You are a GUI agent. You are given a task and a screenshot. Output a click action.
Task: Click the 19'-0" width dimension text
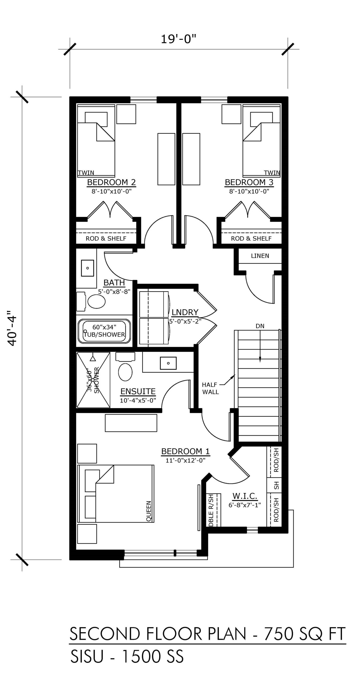(x=178, y=39)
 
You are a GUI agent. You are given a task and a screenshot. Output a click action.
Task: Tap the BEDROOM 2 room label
(x=111, y=182)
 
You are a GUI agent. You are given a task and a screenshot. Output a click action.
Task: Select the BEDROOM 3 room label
(x=249, y=182)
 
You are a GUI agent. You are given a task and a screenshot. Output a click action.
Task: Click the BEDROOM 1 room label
(x=185, y=451)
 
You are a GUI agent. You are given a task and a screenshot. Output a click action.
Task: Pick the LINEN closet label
(x=260, y=256)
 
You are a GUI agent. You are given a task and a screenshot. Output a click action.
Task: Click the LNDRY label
(x=185, y=312)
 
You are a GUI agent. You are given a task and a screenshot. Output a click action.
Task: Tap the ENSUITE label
(x=138, y=391)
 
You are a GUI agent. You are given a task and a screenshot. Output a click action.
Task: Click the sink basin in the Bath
(x=87, y=268)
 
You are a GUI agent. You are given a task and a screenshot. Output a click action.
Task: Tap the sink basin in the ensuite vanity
(x=168, y=363)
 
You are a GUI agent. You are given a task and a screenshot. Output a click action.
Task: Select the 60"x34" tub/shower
(x=104, y=331)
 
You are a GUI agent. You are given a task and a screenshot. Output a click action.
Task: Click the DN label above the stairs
(x=260, y=326)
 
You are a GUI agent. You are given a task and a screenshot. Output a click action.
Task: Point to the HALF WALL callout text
(x=210, y=388)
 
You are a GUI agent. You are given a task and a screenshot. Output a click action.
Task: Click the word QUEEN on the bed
(x=149, y=511)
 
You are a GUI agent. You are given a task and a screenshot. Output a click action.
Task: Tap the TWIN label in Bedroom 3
(x=272, y=173)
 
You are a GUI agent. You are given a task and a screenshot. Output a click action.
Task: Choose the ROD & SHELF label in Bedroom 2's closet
(x=106, y=238)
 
